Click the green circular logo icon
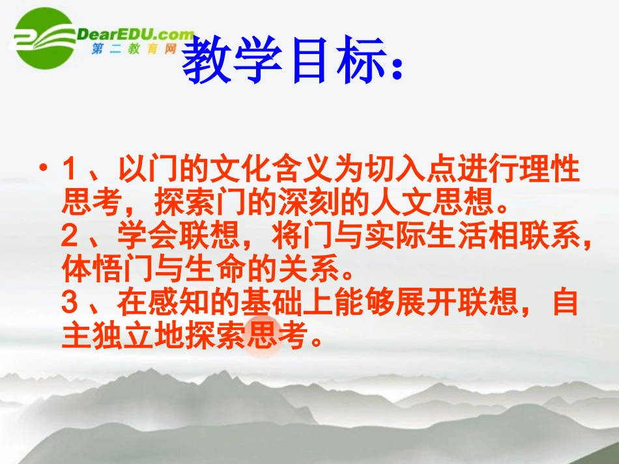(44, 38)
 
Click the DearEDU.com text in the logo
(136, 34)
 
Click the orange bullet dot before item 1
(44, 170)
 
